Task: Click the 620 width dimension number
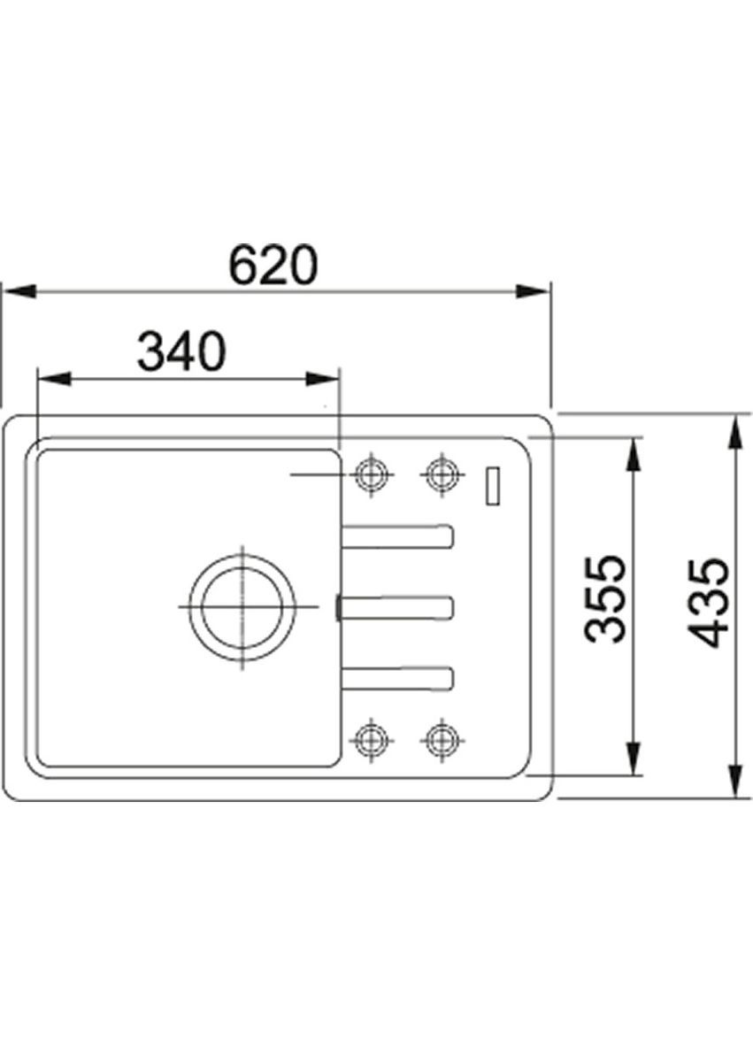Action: click(272, 265)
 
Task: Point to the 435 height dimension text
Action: click(708, 603)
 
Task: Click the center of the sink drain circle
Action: click(242, 607)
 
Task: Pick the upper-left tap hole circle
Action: click(371, 474)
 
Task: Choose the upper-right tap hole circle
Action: click(441, 474)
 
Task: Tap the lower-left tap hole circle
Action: click(371, 738)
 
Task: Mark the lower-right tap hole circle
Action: click(441, 738)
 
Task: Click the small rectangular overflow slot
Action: click(494, 485)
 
